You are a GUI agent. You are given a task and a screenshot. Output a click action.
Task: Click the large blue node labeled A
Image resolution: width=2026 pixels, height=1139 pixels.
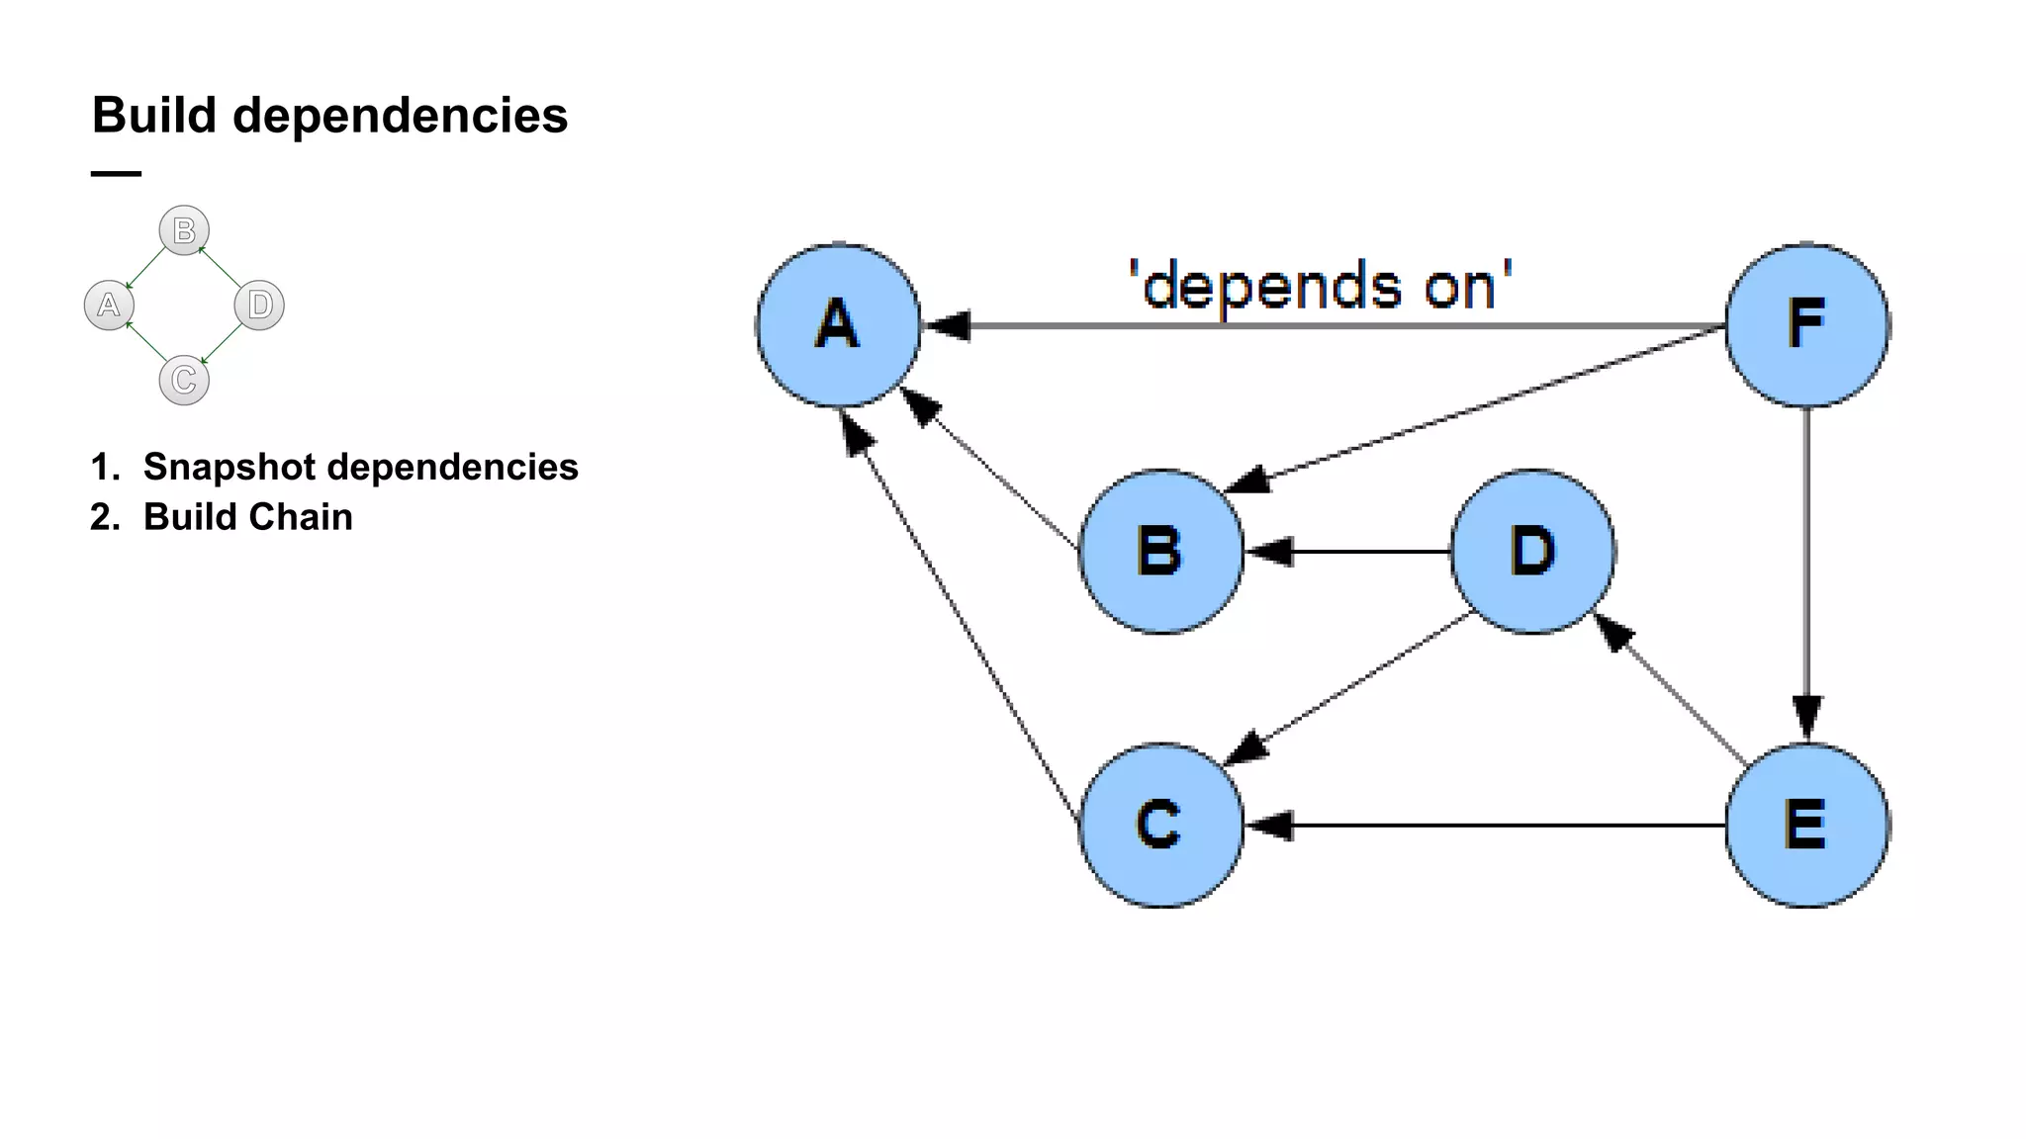point(838,324)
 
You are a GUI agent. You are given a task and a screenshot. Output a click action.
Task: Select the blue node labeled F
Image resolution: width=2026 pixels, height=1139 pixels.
point(1806,324)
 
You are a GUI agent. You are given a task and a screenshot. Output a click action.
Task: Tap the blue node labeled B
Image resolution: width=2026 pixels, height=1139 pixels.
point(1160,551)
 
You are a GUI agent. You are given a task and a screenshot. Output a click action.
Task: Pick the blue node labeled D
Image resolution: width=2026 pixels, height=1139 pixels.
point(1532,551)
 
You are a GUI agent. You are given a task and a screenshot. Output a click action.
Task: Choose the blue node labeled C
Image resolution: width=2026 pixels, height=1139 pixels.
point(1160,825)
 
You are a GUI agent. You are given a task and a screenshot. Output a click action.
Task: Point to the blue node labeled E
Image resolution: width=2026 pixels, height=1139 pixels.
point(1806,825)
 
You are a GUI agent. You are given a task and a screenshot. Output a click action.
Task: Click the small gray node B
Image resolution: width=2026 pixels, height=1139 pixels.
point(184,230)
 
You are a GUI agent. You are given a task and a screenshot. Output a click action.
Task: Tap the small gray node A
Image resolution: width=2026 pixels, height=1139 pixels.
point(109,305)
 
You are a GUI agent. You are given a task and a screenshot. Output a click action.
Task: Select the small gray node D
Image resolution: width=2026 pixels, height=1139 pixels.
point(259,305)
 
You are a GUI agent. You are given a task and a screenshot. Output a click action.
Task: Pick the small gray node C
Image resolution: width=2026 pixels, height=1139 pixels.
point(184,381)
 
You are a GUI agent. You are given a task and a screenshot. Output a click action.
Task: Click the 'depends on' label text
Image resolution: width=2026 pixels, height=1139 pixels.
point(1321,287)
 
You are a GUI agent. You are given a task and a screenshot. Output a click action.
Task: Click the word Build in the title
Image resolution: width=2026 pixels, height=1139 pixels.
point(154,116)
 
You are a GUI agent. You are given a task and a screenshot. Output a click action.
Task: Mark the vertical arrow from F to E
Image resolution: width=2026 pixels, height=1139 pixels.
point(1806,573)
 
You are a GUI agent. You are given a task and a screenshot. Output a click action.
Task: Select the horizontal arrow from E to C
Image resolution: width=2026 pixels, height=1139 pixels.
point(1484,825)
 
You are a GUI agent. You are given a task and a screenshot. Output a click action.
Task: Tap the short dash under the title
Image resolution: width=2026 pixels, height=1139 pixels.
point(116,174)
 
